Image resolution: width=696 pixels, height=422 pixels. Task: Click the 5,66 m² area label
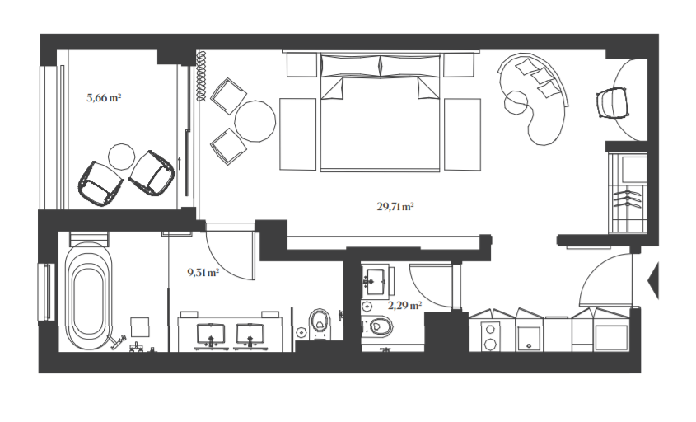(x=104, y=97)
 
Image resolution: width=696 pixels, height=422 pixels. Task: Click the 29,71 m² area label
(x=395, y=207)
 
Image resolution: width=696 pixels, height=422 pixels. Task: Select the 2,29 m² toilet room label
(x=404, y=305)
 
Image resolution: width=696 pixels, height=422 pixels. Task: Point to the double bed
(x=380, y=115)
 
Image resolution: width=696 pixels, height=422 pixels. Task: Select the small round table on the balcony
(x=122, y=155)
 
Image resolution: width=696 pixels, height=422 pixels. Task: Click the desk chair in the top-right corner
(x=610, y=101)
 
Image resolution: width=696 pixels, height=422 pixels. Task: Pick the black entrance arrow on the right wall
(x=654, y=280)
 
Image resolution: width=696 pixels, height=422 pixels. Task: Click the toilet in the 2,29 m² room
(x=380, y=326)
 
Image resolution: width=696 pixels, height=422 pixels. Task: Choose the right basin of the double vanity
(x=250, y=333)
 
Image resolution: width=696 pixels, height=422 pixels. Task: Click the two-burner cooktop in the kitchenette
(x=493, y=335)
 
